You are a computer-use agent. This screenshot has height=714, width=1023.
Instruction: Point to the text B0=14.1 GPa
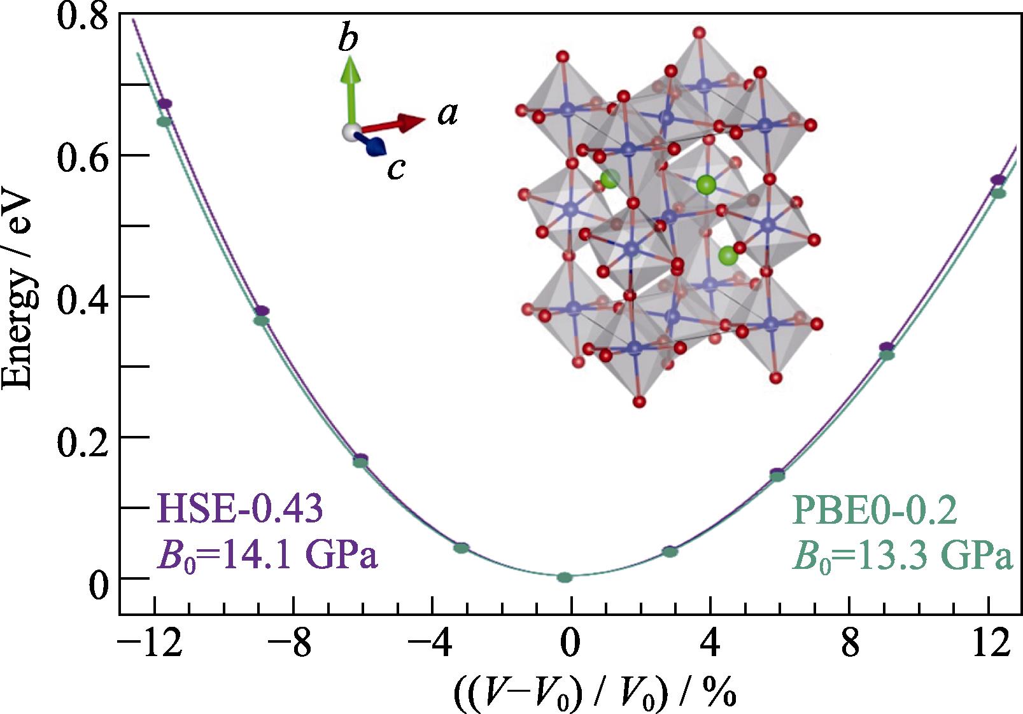coord(267,556)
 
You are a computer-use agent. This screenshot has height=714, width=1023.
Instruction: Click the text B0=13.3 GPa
coord(901,556)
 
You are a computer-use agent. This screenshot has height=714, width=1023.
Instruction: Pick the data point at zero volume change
coord(565,577)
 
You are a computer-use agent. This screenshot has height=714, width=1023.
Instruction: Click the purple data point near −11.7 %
coord(164,104)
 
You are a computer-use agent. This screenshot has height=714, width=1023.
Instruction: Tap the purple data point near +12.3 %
coord(998,180)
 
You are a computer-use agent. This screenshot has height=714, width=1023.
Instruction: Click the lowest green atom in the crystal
coord(728,256)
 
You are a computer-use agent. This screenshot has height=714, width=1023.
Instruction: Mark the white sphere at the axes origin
coord(349,132)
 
